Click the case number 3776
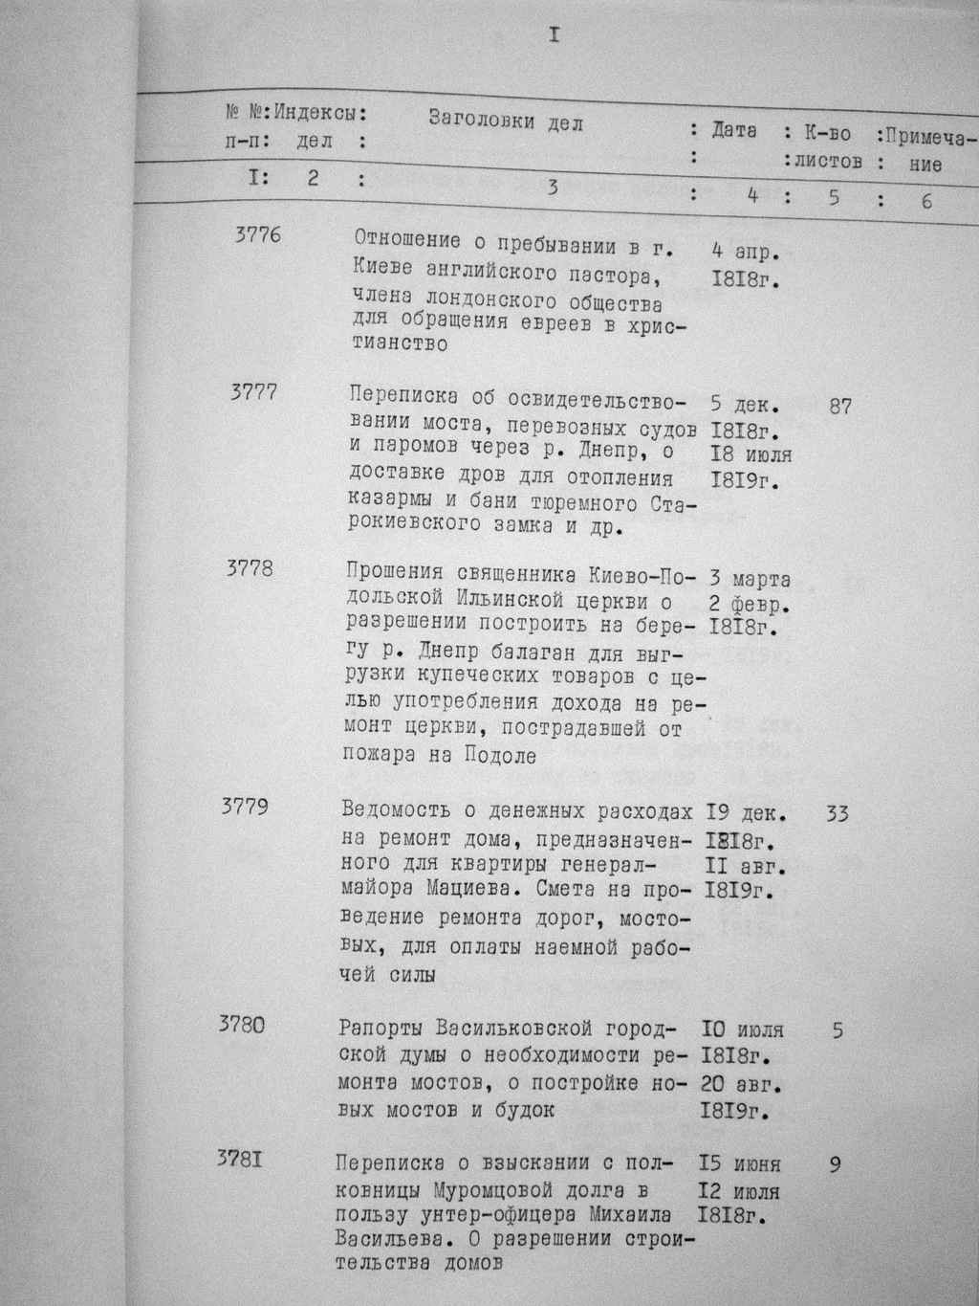click(x=257, y=234)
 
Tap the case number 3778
click(x=250, y=567)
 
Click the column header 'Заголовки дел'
click(x=505, y=122)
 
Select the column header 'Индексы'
click(x=319, y=113)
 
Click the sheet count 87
click(x=840, y=407)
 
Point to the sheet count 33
click(x=836, y=814)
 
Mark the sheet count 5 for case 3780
click(x=838, y=1031)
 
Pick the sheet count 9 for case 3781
click(x=836, y=1165)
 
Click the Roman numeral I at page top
click(x=554, y=36)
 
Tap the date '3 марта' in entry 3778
click(x=750, y=580)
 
